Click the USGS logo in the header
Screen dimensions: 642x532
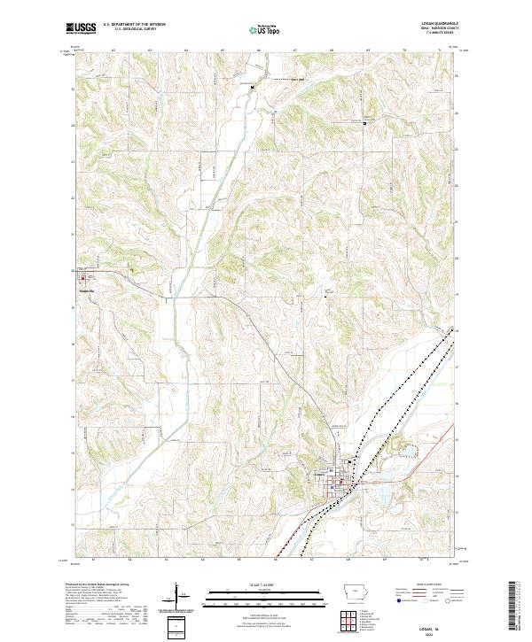point(81,29)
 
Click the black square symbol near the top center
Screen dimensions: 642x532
point(252,87)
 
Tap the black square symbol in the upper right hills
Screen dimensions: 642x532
point(364,123)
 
